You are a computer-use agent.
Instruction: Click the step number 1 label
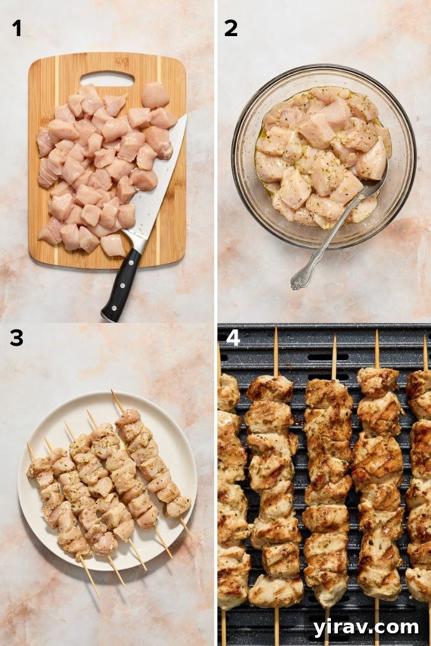click(x=16, y=28)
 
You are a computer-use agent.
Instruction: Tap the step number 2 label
click(x=231, y=28)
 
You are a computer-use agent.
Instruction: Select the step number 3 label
click(x=16, y=338)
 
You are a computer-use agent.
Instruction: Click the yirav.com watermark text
click(x=366, y=627)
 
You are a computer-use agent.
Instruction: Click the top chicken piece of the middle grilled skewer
click(x=328, y=393)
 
